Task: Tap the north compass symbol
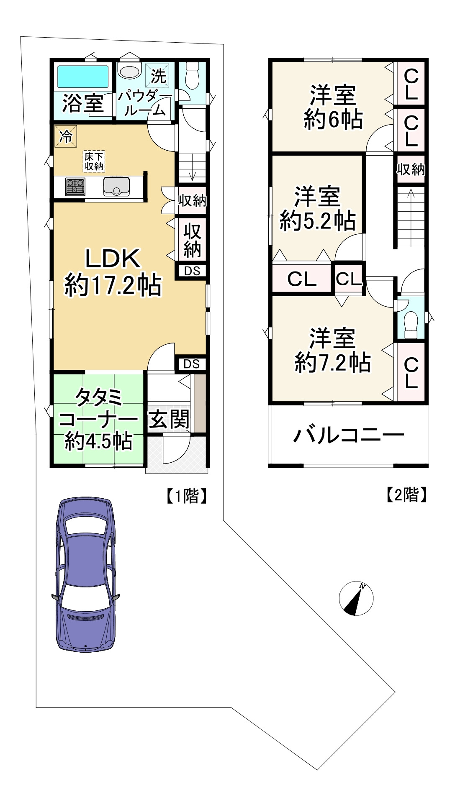[x=356, y=598]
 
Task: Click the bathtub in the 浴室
[x=83, y=77]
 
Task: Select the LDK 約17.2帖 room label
[x=113, y=272]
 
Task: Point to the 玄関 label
[x=169, y=420]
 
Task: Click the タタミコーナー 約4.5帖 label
[x=99, y=419]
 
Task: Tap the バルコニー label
[x=349, y=435]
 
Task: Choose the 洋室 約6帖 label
[x=333, y=108]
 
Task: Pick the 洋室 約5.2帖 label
[x=318, y=209]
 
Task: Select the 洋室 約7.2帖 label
[x=333, y=351]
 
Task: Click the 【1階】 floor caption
[x=187, y=496]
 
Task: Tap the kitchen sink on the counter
[x=116, y=187]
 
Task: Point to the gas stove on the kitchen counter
[x=75, y=187]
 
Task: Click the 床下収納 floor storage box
[x=94, y=161]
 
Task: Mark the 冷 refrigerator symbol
[x=66, y=137]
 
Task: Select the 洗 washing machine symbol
[x=158, y=75]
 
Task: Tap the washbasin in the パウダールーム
[x=129, y=71]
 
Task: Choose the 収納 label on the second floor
[x=411, y=169]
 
